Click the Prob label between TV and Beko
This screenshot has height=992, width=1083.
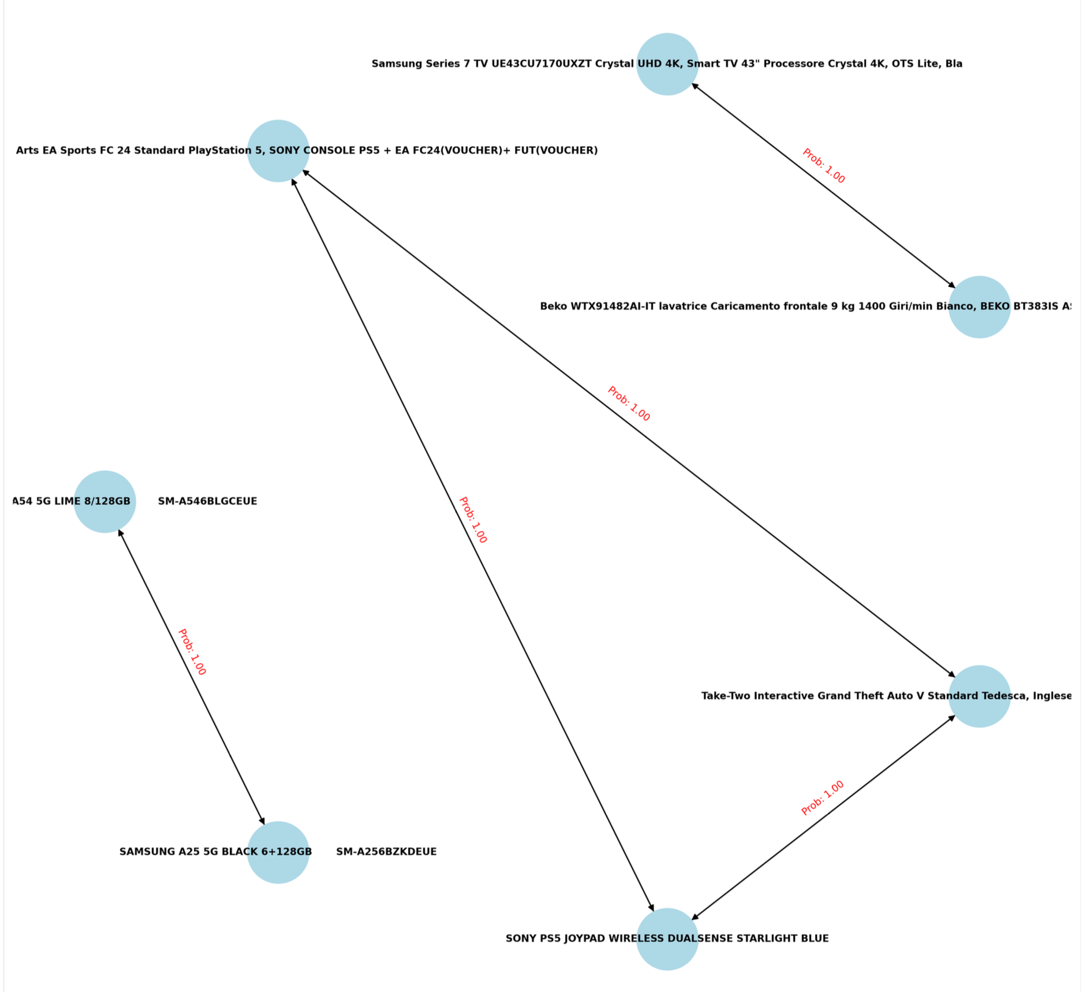[824, 166]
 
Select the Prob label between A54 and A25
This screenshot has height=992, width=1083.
[192, 652]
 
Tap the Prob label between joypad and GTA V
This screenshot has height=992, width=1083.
[823, 798]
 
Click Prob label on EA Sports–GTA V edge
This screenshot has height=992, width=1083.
[629, 404]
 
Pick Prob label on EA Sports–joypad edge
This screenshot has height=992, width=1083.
[473, 520]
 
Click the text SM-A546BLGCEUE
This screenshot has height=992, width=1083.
[207, 501]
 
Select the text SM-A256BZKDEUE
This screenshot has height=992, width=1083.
[386, 852]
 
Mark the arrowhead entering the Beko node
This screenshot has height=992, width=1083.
[951, 285]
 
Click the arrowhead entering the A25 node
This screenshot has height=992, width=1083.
[263, 821]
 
